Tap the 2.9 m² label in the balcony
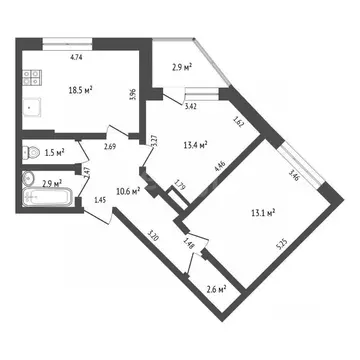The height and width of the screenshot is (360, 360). point(181,67)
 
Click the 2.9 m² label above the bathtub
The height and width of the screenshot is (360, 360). point(52,183)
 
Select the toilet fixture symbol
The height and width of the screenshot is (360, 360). point(28,154)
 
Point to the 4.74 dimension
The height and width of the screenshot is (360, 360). point(75,58)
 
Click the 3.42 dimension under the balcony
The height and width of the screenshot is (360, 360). point(191,104)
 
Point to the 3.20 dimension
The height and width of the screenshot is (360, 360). point(153,237)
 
